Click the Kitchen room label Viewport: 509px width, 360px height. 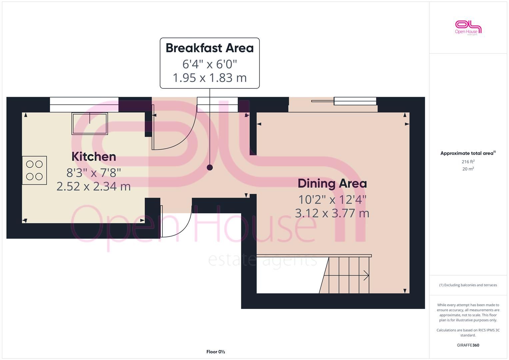click(94, 157)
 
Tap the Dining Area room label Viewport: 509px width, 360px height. click(332, 183)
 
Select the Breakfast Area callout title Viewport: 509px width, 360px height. click(210, 48)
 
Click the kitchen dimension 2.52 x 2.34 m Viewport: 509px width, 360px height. click(93, 186)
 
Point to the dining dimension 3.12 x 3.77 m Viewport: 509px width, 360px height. click(332, 213)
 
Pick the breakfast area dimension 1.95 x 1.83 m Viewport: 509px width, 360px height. click(210, 78)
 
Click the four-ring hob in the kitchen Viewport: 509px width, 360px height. click(34, 170)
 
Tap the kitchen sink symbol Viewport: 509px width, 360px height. click(90, 123)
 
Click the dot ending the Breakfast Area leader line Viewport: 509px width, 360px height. click(210, 167)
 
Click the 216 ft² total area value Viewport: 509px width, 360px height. click(468, 162)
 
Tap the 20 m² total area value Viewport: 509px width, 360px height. click(468, 169)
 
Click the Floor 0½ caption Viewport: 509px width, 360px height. click(215, 352)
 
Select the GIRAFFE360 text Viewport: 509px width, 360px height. click(468, 345)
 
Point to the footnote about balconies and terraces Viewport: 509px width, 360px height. click(468, 285)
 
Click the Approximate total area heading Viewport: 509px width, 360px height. click(468, 153)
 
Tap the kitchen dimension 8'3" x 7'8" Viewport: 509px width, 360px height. click(93, 173)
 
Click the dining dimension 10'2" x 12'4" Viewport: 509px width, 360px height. click(332, 200)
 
